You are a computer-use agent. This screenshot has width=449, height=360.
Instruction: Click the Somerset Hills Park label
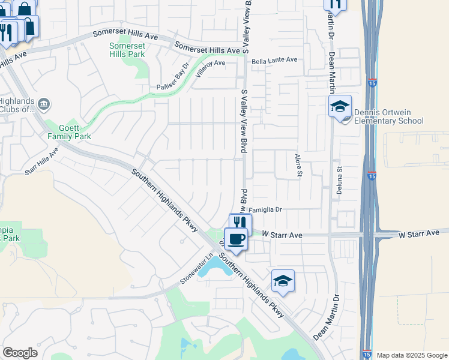[x=127, y=50]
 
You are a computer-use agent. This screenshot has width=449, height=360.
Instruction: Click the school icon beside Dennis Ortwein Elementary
[x=340, y=107]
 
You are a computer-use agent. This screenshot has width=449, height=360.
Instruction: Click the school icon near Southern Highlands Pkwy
[x=283, y=281]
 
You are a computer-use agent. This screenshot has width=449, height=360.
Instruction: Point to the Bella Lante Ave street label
[x=274, y=60]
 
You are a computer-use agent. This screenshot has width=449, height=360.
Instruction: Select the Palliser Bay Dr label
[x=173, y=77]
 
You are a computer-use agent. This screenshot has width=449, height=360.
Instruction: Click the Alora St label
[x=298, y=165]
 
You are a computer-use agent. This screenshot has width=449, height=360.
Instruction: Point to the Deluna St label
[x=339, y=178]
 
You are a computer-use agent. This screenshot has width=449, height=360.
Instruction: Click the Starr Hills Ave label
[x=41, y=161]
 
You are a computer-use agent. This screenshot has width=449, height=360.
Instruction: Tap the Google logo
[x=20, y=353]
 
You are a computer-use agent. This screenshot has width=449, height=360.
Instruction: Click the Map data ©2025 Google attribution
[x=411, y=355]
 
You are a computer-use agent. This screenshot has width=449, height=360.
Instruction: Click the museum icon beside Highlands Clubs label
[x=44, y=105]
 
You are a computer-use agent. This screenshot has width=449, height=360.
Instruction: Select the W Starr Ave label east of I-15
[x=423, y=233]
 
